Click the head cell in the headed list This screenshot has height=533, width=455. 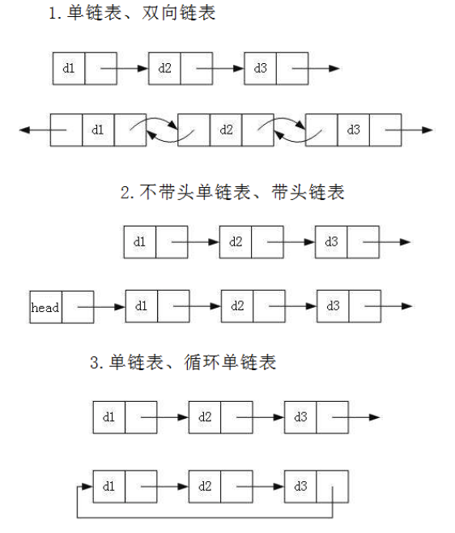(x=45, y=307)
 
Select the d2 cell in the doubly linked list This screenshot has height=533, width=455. (x=226, y=130)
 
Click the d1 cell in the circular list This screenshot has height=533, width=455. (x=109, y=486)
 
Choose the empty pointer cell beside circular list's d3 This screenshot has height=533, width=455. (x=332, y=486)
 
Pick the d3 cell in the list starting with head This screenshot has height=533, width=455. (x=333, y=306)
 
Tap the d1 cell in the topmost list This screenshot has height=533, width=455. (x=69, y=68)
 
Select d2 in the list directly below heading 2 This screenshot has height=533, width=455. (x=236, y=241)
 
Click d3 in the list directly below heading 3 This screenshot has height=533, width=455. (x=300, y=417)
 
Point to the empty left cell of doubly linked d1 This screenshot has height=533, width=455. (x=66, y=130)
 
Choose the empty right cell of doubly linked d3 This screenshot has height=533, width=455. (x=385, y=130)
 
